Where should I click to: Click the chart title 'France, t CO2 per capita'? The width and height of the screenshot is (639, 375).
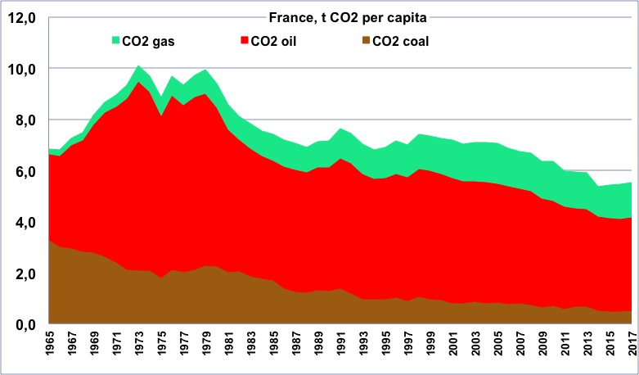coord(348,17)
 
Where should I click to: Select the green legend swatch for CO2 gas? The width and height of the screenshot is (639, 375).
coord(116,40)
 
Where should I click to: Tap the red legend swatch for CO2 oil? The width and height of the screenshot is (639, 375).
coord(245,40)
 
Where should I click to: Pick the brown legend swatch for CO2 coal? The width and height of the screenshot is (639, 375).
coord(367,40)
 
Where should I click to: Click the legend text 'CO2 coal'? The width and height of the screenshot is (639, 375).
coord(401,41)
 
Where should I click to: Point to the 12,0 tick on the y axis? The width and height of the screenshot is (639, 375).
coord(24,18)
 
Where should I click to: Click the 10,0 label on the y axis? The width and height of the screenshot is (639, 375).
coord(24,70)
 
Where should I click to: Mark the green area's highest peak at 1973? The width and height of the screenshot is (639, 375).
coord(138,66)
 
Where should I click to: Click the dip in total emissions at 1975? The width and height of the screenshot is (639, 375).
coord(161,97)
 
